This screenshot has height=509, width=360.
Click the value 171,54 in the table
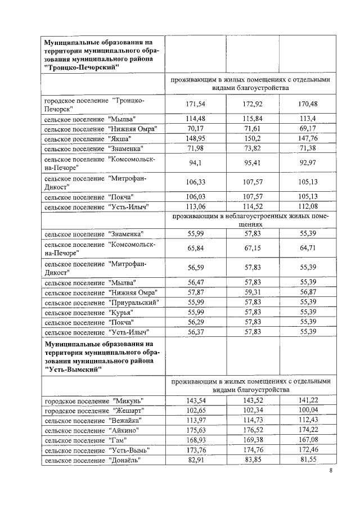click(195, 105)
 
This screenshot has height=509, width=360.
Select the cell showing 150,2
click(253, 138)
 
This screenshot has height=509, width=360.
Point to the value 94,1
click(195, 164)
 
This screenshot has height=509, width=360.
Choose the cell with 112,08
click(309, 207)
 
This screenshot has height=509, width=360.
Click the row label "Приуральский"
click(102, 302)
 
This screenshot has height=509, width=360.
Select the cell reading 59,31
click(253, 292)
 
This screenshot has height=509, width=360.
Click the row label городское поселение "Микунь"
click(94, 400)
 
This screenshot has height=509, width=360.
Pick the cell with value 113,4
click(309, 118)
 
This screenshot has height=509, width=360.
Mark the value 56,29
click(195, 322)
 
